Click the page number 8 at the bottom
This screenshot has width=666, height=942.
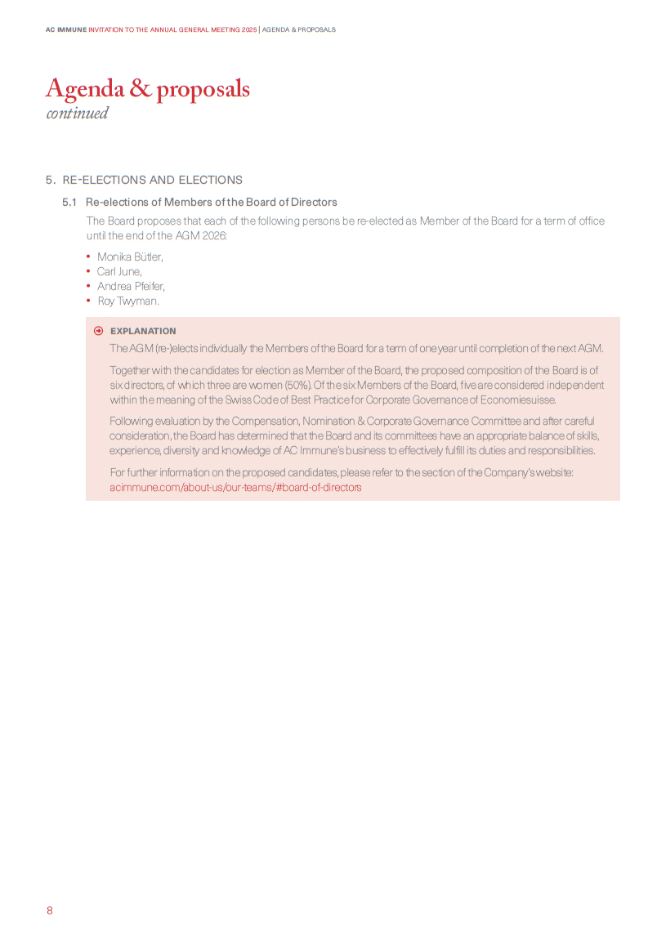49,910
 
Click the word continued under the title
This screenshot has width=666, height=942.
77,114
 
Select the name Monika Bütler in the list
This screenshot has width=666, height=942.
130,257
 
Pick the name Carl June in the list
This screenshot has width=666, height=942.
119,271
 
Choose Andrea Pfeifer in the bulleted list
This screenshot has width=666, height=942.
131,286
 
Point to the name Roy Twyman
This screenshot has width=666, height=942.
127,301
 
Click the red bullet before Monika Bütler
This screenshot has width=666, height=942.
88,257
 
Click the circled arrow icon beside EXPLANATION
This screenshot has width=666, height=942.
98,331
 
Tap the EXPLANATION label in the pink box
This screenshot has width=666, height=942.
143,331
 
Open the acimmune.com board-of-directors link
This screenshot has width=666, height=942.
235,487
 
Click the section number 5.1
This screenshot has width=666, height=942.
69,202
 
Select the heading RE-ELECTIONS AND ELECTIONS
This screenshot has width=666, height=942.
153,180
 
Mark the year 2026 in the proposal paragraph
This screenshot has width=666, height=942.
213,235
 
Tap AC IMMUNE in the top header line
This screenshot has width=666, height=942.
65,29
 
